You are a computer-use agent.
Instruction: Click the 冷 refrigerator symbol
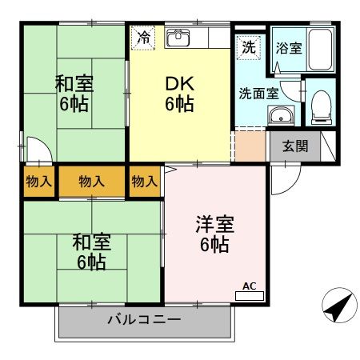(144, 36)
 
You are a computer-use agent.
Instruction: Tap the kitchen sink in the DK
(178, 37)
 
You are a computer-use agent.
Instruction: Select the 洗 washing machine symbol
(249, 47)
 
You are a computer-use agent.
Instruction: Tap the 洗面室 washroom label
(258, 92)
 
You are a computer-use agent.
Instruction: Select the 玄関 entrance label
(294, 146)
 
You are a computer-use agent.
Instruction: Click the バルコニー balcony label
(144, 320)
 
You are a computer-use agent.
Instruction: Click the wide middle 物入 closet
(91, 181)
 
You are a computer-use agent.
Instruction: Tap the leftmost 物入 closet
(38, 181)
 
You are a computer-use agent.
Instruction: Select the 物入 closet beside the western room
(144, 181)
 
